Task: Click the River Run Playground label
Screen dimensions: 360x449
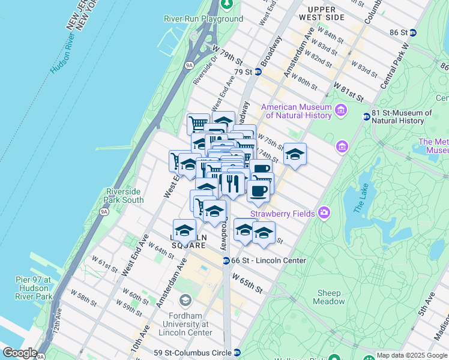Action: [203, 19]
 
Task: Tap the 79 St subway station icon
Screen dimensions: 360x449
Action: [258, 72]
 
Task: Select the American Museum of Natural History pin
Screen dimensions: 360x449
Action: [341, 110]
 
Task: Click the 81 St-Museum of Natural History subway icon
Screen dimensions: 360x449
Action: [366, 116]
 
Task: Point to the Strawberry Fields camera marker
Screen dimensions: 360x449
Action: [324, 212]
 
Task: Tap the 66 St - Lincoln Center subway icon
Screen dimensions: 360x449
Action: [226, 260]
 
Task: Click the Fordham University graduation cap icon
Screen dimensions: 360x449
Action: [185, 299]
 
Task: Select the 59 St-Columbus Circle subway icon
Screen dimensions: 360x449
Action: [237, 352]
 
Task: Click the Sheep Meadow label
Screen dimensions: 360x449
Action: [329, 297]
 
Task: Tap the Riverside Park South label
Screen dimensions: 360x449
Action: [124, 196]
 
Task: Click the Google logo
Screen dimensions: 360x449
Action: [20, 353]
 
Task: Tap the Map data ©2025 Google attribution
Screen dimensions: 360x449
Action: [412, 355]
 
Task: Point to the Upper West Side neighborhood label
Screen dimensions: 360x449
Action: [326, 13]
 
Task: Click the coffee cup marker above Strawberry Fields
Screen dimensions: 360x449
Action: [258, 191]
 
